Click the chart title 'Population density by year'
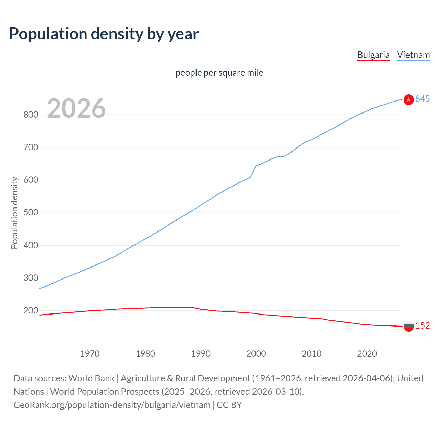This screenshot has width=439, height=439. (104, 34)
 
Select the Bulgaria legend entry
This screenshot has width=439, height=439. (373, 55)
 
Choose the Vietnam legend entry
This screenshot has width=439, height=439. (413, 55)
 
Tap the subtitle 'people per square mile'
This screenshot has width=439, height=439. (219, 73)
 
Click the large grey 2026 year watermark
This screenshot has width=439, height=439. (76, 108)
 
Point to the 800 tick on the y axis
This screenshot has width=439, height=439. (31, 115)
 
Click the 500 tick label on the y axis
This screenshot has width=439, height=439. (31, 213)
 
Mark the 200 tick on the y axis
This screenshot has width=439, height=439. (31, 311)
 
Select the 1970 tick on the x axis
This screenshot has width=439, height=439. (90, 354)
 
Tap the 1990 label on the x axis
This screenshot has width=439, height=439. (201, 354)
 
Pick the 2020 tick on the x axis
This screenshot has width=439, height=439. (367, 354)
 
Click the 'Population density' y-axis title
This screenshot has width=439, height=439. (14, 213)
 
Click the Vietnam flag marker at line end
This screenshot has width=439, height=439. (408, 99)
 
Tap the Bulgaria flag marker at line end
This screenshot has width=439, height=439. (408, 326)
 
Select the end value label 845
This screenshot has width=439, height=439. (422, 99)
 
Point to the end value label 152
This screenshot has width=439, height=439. (422, 326)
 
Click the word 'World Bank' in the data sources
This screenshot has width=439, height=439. (91, 378)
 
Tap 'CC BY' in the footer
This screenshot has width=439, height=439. (229, 405)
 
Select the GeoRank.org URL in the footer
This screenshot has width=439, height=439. (112, 405)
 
